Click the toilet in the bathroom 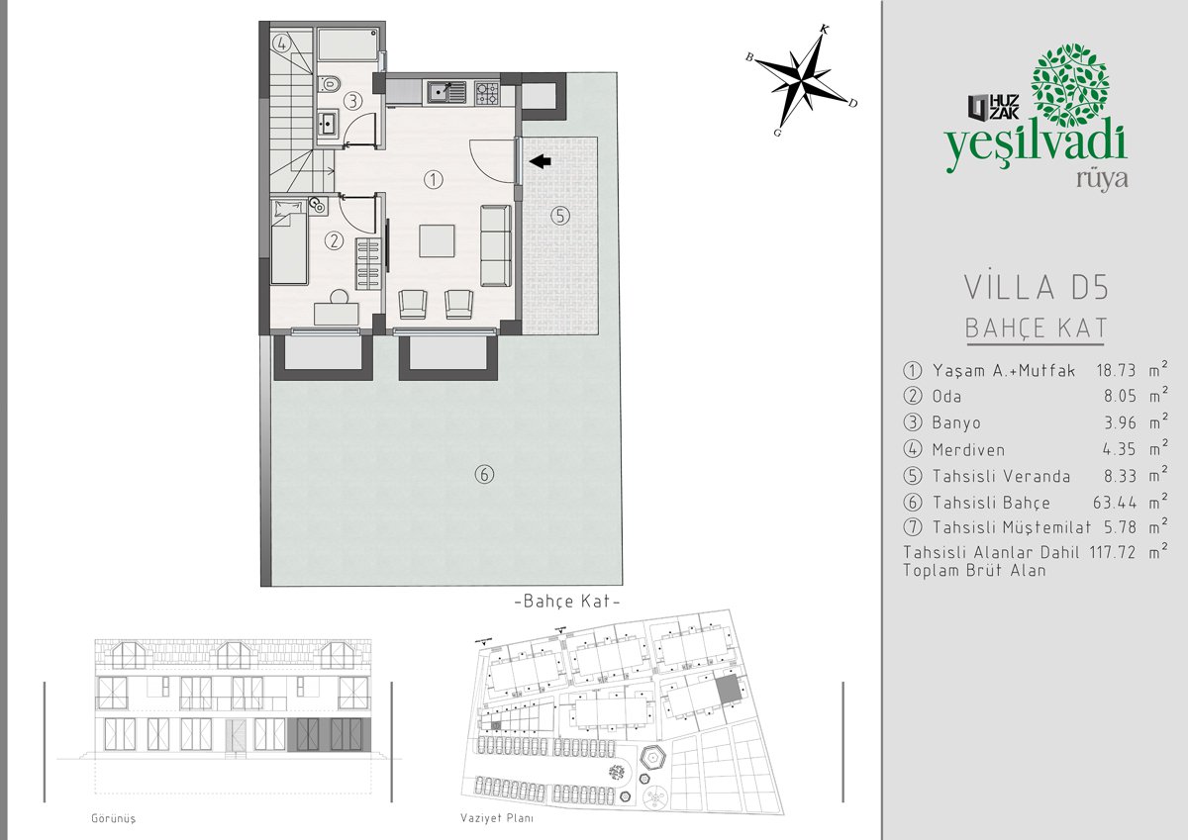330,84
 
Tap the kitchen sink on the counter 446,92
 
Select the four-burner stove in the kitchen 486,93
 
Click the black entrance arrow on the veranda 540,161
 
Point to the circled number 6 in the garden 484,474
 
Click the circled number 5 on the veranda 560,216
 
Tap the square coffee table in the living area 437,241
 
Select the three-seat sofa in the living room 496,246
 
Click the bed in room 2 289,241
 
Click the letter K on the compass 824,29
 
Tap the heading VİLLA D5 1036,288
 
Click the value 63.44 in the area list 1115,502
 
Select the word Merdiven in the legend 968,450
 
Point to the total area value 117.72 1112,552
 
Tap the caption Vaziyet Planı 497,818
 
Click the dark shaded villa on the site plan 728,690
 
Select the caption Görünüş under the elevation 114,818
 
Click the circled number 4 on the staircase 282,44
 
